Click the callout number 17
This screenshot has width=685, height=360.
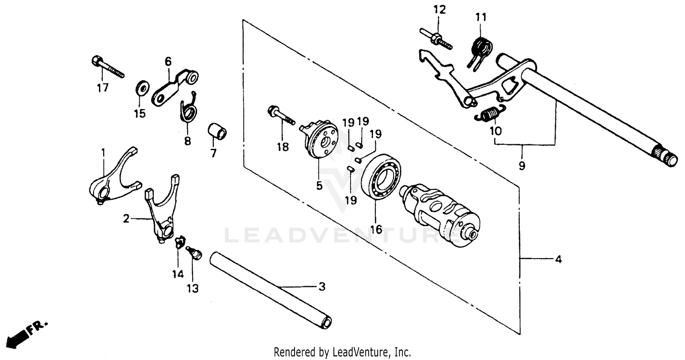103,88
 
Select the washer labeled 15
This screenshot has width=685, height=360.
142,87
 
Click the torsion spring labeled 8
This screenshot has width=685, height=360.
188,111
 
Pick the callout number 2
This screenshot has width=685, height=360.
126,219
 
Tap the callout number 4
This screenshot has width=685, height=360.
558,259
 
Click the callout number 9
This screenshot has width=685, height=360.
522,166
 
